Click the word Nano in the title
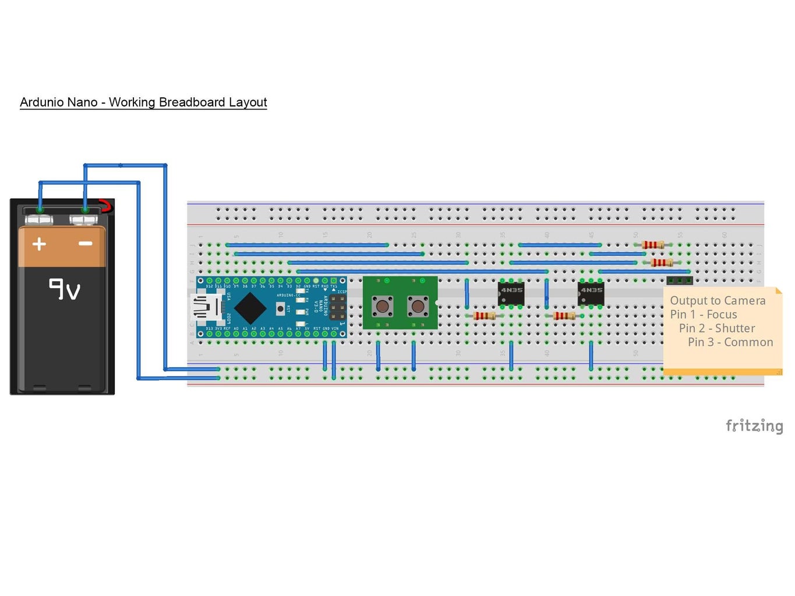pyautogui.click(x=82, y=102)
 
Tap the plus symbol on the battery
pyautogui.click(x=39, y=243)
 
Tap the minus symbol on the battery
pyautogui.click(x=86, y=243)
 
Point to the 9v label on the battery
pyautogui.click(x=64, y=289)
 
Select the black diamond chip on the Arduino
pyautogui.click(x=250, y=308)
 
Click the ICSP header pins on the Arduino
pyautogui.click(x=337, y=307)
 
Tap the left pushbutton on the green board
pyautogui.click(x=382, y=306)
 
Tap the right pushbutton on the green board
pyautogui.click(x=418, y=306)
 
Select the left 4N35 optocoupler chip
pyautogui.click(x=511, y=293)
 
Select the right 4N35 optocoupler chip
pyautogui.click(x=591, y=293)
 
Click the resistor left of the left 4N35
pyautogui.click(x=485, y=316)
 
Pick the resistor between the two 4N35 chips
pyautogui.click(x=564, y=316)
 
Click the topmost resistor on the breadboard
pyautogui.click(x=653, y=245)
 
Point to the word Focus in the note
pyautogui.click(x=722, y=314)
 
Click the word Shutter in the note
pyautogui.click(x=734, y=328)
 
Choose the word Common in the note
pyautogui.click(x=748, y=342)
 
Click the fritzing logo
pyautogui.click(x=754, y=426)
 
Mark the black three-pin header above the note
pyautogui.click(x=680, y=281)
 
